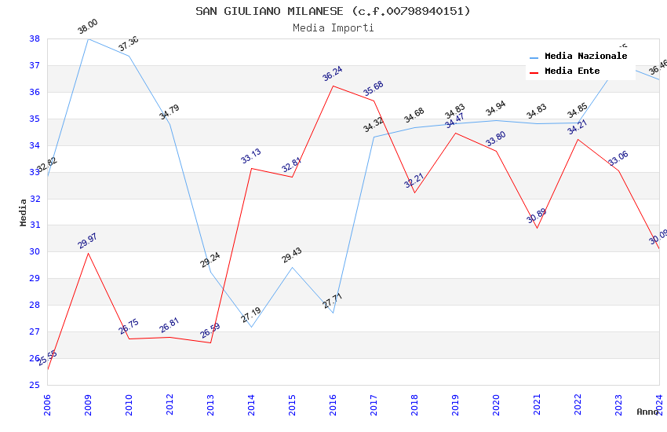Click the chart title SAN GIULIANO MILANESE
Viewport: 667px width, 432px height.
click(x=333, y=11)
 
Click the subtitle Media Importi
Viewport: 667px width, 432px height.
click(x=333, y=28)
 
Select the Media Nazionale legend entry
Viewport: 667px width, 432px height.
click(x=585, y=57)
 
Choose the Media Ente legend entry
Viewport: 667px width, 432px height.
click(x=572, y=71)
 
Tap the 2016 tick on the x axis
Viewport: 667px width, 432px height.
click(x=333, y=400)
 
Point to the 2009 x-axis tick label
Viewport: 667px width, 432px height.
click(x=88, y=400)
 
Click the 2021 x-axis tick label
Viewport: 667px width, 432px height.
click(x=537, y=400)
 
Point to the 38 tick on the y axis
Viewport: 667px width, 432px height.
click(x=35, y=38)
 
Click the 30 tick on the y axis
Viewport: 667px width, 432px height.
click(x=35, y=252)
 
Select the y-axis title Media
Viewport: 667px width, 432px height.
click(x=24, y=212)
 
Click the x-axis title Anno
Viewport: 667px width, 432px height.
click(x=647, y=412)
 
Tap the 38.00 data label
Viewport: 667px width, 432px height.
click(x=88, y=27)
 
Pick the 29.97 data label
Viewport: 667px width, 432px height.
click(x=88, y=241)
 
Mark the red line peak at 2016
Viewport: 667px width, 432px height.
click(x=333, y=86)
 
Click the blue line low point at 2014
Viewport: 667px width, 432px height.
click(x=251, y=327)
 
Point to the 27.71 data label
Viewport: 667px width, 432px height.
click(x=333, y=301)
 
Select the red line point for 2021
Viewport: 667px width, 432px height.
click(x=537, y=228)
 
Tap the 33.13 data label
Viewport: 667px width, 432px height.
click(x=251, y=156)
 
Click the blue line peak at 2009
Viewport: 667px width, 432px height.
click(x=88, y=38)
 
